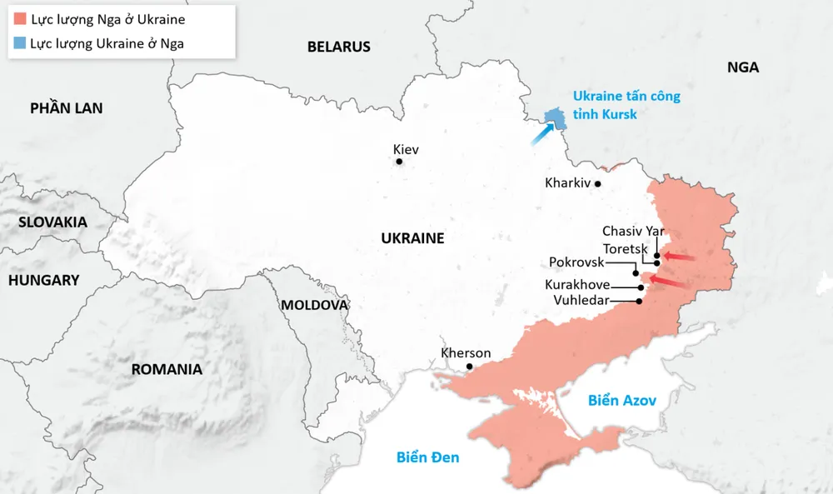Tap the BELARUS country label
(x=338, y=47)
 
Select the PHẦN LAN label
(x=66, y=108)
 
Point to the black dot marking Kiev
(x=399, y=162)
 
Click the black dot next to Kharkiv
(x=597, y=182)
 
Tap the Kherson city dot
(x=470, y=367)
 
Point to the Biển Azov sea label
(x=621, y=401)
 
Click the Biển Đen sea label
(x=427, y=457)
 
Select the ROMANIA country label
(x=167, y=369)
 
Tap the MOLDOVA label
(x=313, y=305)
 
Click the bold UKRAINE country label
(x=412, y=238)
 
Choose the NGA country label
(x=742, y=67)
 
